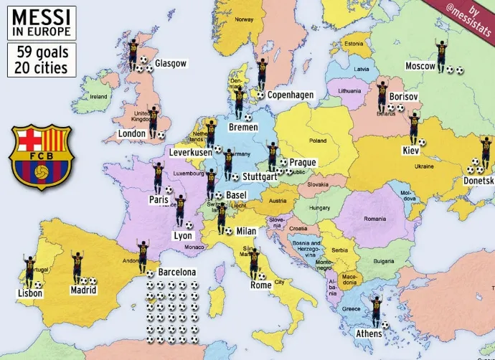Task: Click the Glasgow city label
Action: [171, 63]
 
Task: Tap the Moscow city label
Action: [420, 66]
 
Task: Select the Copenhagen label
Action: [291, 95]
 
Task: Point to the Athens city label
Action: [369, 333]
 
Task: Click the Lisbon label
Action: [30, 293]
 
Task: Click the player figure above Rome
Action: [254, 262]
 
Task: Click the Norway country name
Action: [245, 19]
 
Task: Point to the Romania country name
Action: [374, 217]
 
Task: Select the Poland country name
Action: [317, 141]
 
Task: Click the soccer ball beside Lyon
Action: [189, 225]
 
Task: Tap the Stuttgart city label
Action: [259, 176]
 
